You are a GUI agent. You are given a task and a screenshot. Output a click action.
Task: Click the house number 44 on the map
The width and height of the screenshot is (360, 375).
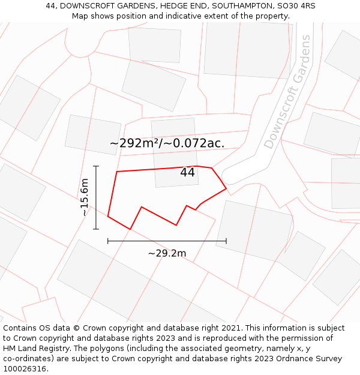(187, 173)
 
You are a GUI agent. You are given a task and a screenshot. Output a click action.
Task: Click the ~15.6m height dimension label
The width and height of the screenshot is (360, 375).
(85, 197)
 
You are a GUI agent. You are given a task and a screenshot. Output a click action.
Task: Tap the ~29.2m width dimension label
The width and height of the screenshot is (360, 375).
(167, 253)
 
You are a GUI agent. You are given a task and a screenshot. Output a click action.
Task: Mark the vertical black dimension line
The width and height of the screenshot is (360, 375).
(96, 197)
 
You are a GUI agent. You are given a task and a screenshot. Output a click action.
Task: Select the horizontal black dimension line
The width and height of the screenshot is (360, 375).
(167, 241)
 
